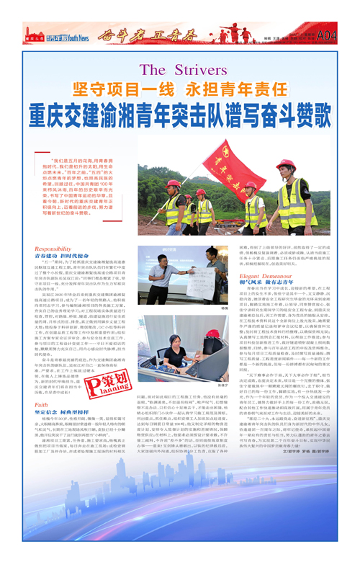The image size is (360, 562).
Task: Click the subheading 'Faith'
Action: [x=41, y=405]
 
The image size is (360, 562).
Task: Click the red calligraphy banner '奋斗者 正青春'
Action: [x=137, y=34]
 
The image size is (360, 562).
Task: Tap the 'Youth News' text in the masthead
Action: [x=77, y=35]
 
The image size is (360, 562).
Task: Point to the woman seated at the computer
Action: [x=174, y=353]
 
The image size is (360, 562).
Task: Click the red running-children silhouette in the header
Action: [x=231, y=33]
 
